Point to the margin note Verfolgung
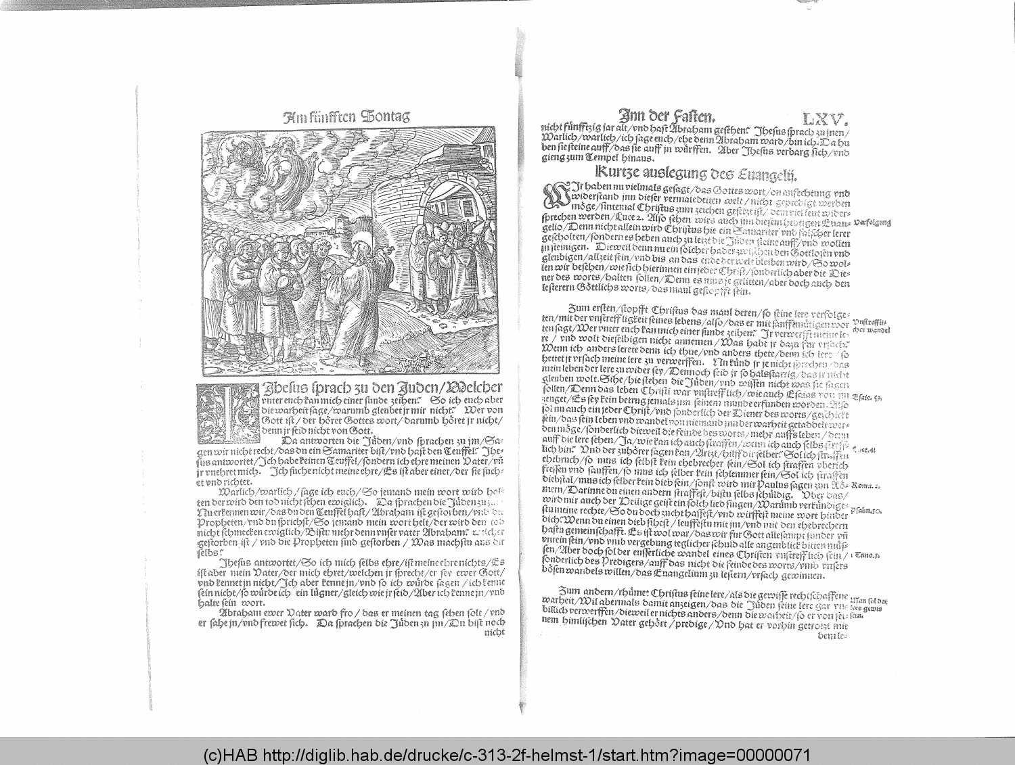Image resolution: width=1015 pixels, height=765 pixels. (x=872, y=222)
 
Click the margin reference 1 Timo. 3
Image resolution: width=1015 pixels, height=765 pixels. (x=866, y=555)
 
